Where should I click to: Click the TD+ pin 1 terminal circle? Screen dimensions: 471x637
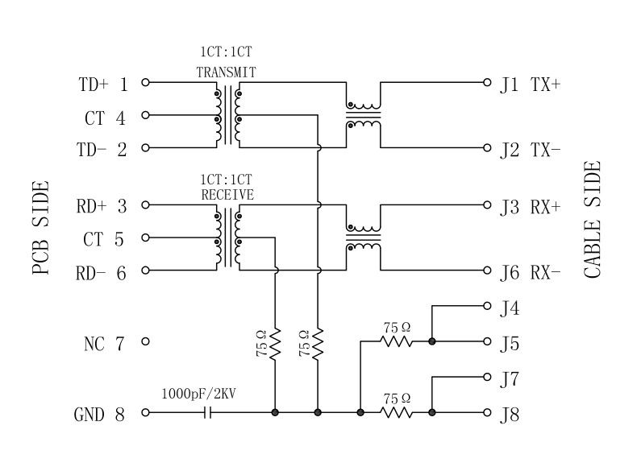pyautogui.click(x=145, y=82)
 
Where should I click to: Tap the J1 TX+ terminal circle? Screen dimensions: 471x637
pyautogui.click(x=487, y=82)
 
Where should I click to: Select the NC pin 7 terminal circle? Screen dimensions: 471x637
pyautogui.click(x=145, y=342)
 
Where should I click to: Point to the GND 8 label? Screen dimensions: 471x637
pyautogui.click(x=99, y=415)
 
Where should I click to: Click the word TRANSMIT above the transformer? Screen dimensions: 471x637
pyautogui.click(x=227, y=72)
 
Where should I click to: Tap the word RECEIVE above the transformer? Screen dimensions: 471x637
pyautogui.click(x=227, y=195)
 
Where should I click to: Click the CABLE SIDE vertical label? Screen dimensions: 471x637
pyautogui.click(x=593, y=219)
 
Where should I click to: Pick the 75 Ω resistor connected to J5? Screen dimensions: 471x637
pyautogui.click(x=397, y=342)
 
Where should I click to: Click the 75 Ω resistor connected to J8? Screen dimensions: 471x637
pyautogui.click(x=397, y=412)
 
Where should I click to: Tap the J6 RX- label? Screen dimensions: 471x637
pyautogui.click(x=530, y=273)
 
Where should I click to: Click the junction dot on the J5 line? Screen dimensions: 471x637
pyautogui.click(x=432, y=342)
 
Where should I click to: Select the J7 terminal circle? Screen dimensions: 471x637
pyautogui.click(x=487, y=376)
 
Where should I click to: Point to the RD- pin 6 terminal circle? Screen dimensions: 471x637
pyautogui.click(x=145, y=271)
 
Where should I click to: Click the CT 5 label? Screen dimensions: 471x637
pyautogui.click(x=104, y=240)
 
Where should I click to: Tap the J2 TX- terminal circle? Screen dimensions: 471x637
pyautogui.click(x=487, y=148)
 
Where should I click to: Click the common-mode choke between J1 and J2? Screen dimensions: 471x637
pyautogui.click(x=364, y=115)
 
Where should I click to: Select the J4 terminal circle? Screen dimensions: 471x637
pyautogui.click(x=487, y=306)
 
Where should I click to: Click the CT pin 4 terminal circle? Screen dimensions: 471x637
pyautogui.click(x=145, y=115)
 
